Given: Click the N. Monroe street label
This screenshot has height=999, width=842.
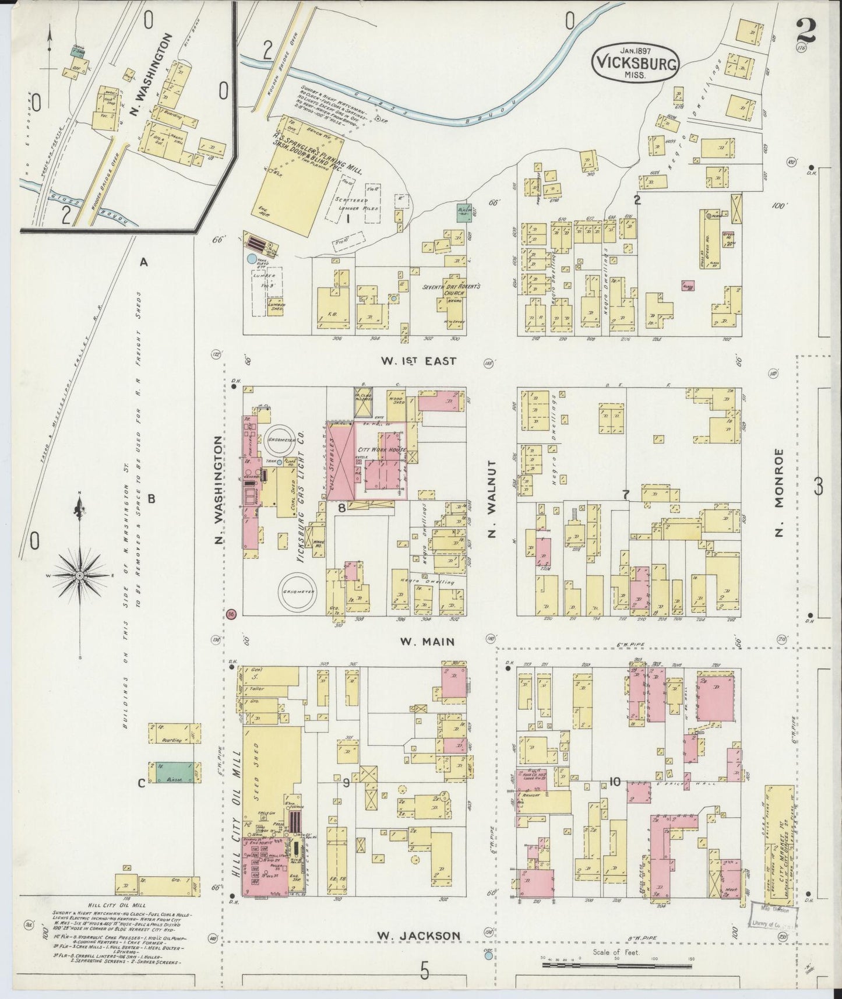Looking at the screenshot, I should (780, 493).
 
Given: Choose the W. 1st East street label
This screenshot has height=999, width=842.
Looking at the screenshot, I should (419, 361).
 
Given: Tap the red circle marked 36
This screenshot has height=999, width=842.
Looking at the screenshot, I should (232, 614).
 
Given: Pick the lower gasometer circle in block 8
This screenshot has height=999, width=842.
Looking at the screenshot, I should (296, 590).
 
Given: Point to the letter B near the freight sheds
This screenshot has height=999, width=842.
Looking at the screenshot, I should (151, 499).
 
